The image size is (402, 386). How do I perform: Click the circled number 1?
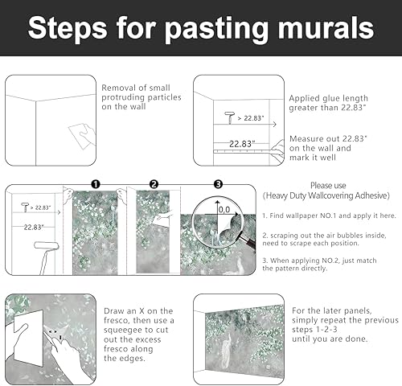[95, 184]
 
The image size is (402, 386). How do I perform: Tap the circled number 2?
[154, 184]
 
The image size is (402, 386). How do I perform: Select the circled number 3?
[216, 184]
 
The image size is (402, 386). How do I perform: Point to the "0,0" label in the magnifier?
[225, 209]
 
